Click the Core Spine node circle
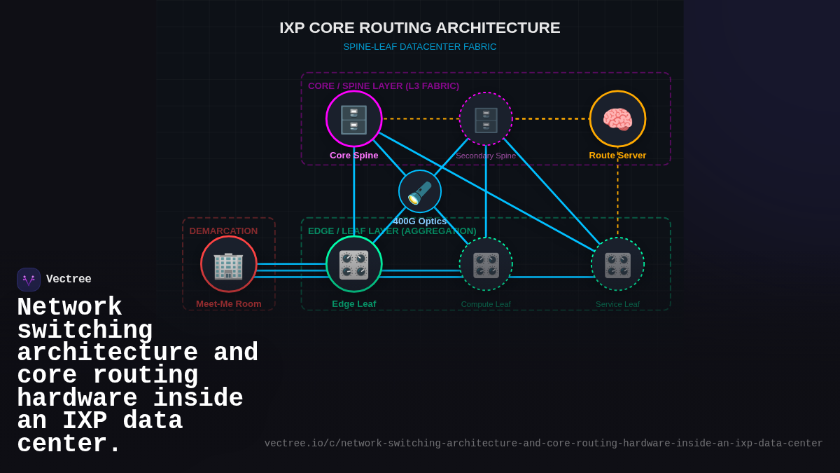click(x=354, y=119)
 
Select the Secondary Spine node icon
click(x=486, y=119)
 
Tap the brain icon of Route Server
click(x=617, y=119)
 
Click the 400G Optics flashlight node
click(x=420, y=192)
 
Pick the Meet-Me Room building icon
click(x=229, y=264)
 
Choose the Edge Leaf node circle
click(x=354, y=264)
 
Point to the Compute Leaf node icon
click(x=486, y=264)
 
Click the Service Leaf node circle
click(x=617, y=264)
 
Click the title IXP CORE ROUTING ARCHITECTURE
click(x=420, y=28)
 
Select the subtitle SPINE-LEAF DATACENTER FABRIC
click(x=420, y=47)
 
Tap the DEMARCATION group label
click(x=223, y=231)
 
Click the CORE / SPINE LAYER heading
click(x=384, y=86)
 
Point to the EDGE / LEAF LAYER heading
click(x=392, y=231)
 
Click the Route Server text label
click(x=617, y=156)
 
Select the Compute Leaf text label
click(x=486, y=304)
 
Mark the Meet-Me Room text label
click(x=229, y=304)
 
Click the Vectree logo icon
click(x=29, y=280)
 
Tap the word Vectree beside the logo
click(x=69, y=280)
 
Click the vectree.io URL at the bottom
click(x=543, y=444)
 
